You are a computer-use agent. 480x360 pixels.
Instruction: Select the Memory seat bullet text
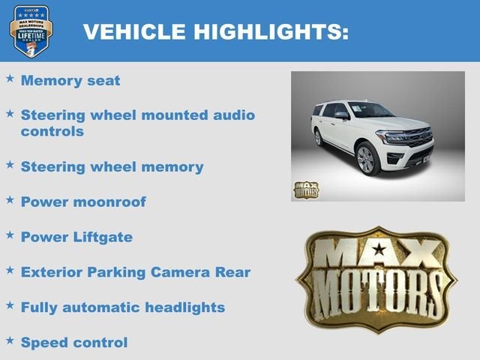(70, 80)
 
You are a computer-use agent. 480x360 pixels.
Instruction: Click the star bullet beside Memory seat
(10, 78)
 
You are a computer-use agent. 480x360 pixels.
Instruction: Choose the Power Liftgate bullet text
(76, 237)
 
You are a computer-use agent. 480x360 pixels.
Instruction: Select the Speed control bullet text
(74, 342)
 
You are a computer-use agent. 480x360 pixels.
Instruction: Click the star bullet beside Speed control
(10, 340)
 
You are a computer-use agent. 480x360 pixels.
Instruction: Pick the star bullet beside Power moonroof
(10, 199)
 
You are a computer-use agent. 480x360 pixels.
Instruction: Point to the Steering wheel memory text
(112, 166)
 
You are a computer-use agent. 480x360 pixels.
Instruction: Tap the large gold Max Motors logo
(376, 279)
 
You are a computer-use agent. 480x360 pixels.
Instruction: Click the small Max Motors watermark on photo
(306, 190)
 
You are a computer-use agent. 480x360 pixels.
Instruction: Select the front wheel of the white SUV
(367, 160)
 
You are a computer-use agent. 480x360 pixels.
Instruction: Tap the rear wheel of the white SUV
(319, 138)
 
